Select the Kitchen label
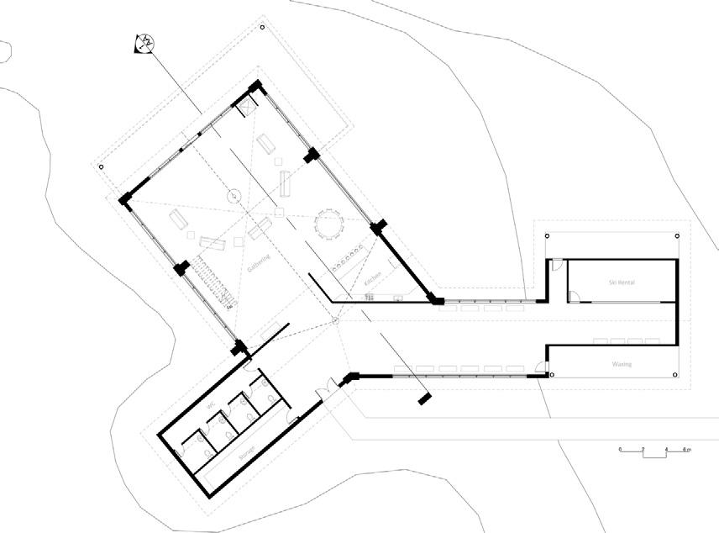click(x=375, y=279)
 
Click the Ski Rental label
click(x=622, y=283)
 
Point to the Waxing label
click(x=622, y=364)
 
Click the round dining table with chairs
click(x=328, y=224)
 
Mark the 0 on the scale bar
click(x=620, y=450)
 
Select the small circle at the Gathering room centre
click(x=235, y=197)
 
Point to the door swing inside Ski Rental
click(x=575, y=295)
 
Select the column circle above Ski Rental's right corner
click(x=677, y=235)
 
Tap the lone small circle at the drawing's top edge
click(x=263, y=28)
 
